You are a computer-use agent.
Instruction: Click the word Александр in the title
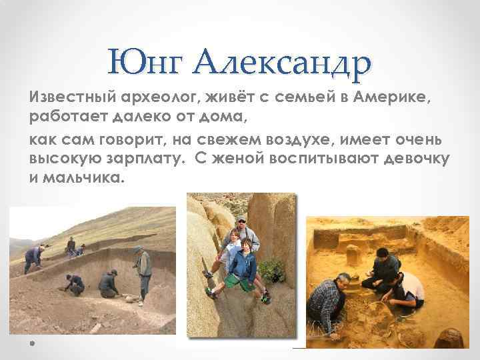point(283,63)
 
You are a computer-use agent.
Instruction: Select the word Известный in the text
point(65,99)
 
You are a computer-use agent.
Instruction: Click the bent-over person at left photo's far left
point(33,257)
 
